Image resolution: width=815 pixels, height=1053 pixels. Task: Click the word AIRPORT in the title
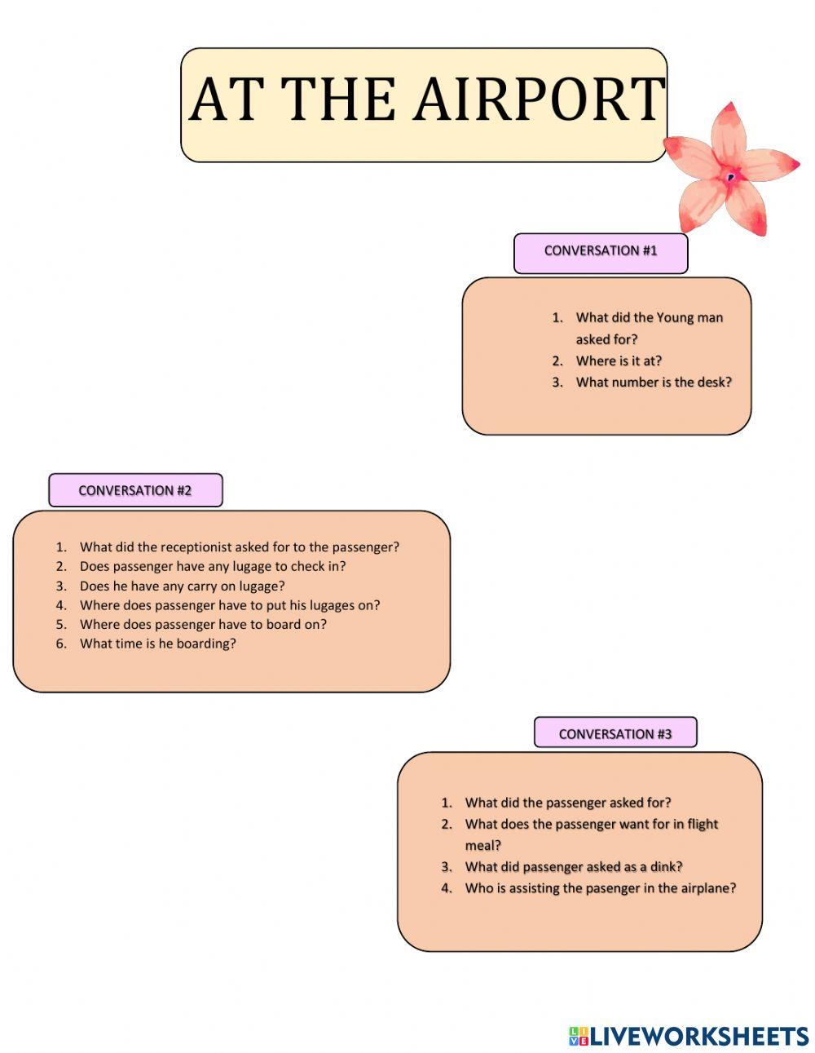[x=540, y=100]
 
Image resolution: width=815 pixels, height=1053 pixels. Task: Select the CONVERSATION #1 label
[x=601, y=251]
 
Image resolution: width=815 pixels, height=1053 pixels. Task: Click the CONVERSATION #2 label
[x=135, y=491]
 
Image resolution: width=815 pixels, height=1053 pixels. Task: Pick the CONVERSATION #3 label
[x=615, y=734]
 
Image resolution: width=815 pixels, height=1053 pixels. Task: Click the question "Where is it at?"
[x=619, y=361]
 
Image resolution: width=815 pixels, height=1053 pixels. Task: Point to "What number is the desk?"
[x=654, y=382]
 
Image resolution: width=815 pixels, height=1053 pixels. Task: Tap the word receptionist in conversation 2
[x=196, y=547]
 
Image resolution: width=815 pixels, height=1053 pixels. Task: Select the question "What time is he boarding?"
[x=158, y=644]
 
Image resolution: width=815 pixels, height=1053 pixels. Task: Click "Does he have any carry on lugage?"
[x=183, y=586]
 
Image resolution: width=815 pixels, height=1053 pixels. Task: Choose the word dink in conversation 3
[x=663, y=867]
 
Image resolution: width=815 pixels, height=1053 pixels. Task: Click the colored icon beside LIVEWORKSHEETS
[x=578, y=1037]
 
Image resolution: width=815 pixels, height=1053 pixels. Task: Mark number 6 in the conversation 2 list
[x=60, y=644]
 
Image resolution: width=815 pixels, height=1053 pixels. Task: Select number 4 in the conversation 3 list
[x=446, y=888]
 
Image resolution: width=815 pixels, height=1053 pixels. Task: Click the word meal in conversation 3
[x=482, y=845]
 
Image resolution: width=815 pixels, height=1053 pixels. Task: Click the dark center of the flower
[x=731, y=176]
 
